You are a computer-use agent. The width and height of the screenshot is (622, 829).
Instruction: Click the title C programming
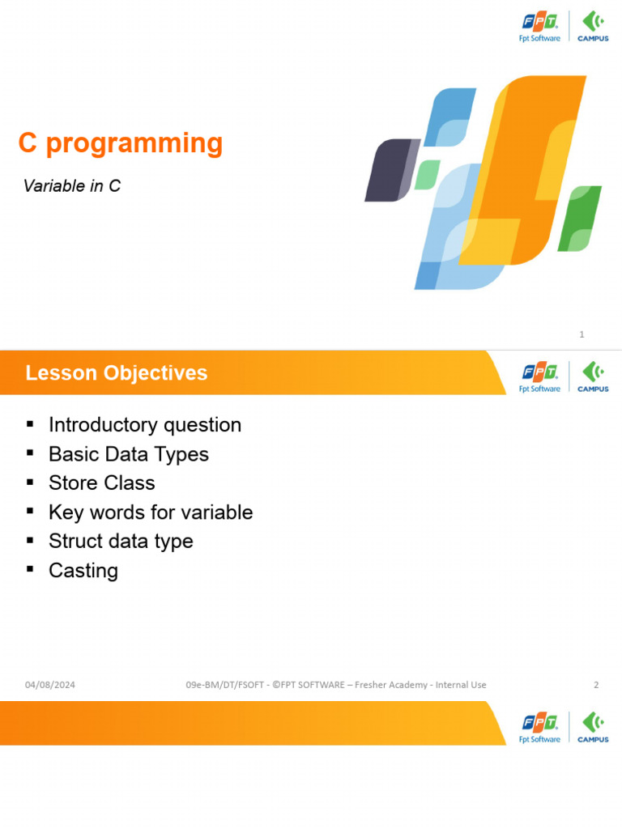click(121, 144)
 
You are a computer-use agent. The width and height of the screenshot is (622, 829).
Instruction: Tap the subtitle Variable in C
click(72, 186)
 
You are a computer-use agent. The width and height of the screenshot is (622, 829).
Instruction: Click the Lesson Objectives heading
click(117, 372)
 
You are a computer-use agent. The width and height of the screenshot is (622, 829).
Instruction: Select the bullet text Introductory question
click(145, 425)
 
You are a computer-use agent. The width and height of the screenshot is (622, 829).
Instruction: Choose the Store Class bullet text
click(101, 483)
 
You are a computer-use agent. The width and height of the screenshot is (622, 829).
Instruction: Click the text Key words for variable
click(151, 512)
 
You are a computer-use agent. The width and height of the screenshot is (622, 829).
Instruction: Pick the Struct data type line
click(121, 542)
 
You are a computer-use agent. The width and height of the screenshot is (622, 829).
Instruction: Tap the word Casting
click(83, 571)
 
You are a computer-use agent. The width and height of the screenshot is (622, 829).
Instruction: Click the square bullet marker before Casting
click(30, 569)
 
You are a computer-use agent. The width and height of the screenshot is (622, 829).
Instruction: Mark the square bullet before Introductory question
click(30, 423)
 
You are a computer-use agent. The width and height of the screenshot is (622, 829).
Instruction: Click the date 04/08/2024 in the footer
click(50, 685)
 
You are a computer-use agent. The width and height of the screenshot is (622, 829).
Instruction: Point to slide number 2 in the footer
click(596, 685)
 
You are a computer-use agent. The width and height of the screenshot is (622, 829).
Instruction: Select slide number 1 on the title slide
click(582, 334)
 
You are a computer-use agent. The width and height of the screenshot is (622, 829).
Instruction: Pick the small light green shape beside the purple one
click(428, 175)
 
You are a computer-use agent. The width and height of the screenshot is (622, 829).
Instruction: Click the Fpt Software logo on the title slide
click(539, 28)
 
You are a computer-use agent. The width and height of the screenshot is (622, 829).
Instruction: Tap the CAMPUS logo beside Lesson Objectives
click(593, 377)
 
